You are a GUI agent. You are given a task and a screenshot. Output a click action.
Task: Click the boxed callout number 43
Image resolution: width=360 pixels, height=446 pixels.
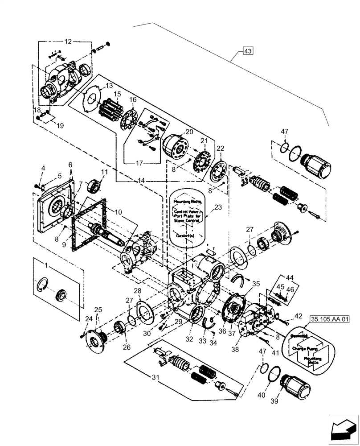tap(248, 51)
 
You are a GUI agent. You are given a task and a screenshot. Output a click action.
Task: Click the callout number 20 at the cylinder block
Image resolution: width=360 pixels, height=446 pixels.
tap(189, 132)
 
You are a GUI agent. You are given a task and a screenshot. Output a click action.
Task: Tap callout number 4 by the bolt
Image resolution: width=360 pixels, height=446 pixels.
tap(43, 168)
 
